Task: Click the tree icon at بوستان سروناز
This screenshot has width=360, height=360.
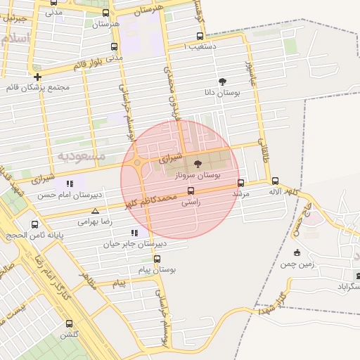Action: [196, 163]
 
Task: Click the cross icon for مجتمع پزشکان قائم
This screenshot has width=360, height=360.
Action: [37, 77]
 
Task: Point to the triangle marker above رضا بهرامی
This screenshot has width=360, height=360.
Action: [96, 211]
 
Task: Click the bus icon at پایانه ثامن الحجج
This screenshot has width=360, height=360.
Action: [34, 224]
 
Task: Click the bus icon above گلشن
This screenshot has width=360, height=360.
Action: [69, 323]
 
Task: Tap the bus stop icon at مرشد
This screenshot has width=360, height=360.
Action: [241, 183]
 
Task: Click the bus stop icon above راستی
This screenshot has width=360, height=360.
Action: [191, 191]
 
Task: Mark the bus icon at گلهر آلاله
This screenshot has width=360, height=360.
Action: [275, 181]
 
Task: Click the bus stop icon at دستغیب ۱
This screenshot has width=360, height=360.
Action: [200, 37]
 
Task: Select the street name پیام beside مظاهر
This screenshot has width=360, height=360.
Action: [120, 283]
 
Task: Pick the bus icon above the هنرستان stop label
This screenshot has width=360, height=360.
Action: [105, 13]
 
